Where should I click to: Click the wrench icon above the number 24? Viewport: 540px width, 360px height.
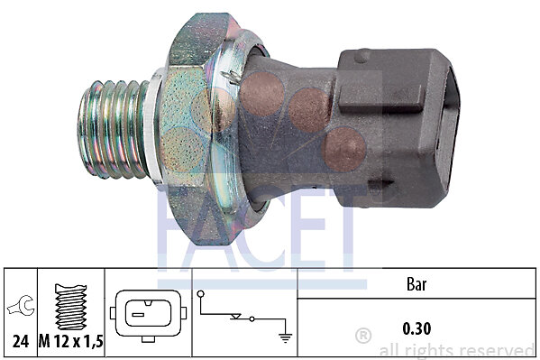pos(22,306)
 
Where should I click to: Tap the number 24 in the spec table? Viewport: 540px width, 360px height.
pos(21,341)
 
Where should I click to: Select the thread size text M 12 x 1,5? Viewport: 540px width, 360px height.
pos(71,341)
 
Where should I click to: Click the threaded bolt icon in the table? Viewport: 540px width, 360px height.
pos(70,307)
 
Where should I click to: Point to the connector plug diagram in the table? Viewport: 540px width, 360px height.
pos(148,316)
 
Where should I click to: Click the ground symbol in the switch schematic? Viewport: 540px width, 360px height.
pos(286,338)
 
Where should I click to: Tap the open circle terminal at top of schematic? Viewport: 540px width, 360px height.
pos(200,294)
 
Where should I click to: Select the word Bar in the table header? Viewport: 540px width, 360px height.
pos(416,284)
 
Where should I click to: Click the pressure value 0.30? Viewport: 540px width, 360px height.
pos(416,328)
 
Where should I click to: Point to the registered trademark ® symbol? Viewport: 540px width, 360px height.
pos(363,336)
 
